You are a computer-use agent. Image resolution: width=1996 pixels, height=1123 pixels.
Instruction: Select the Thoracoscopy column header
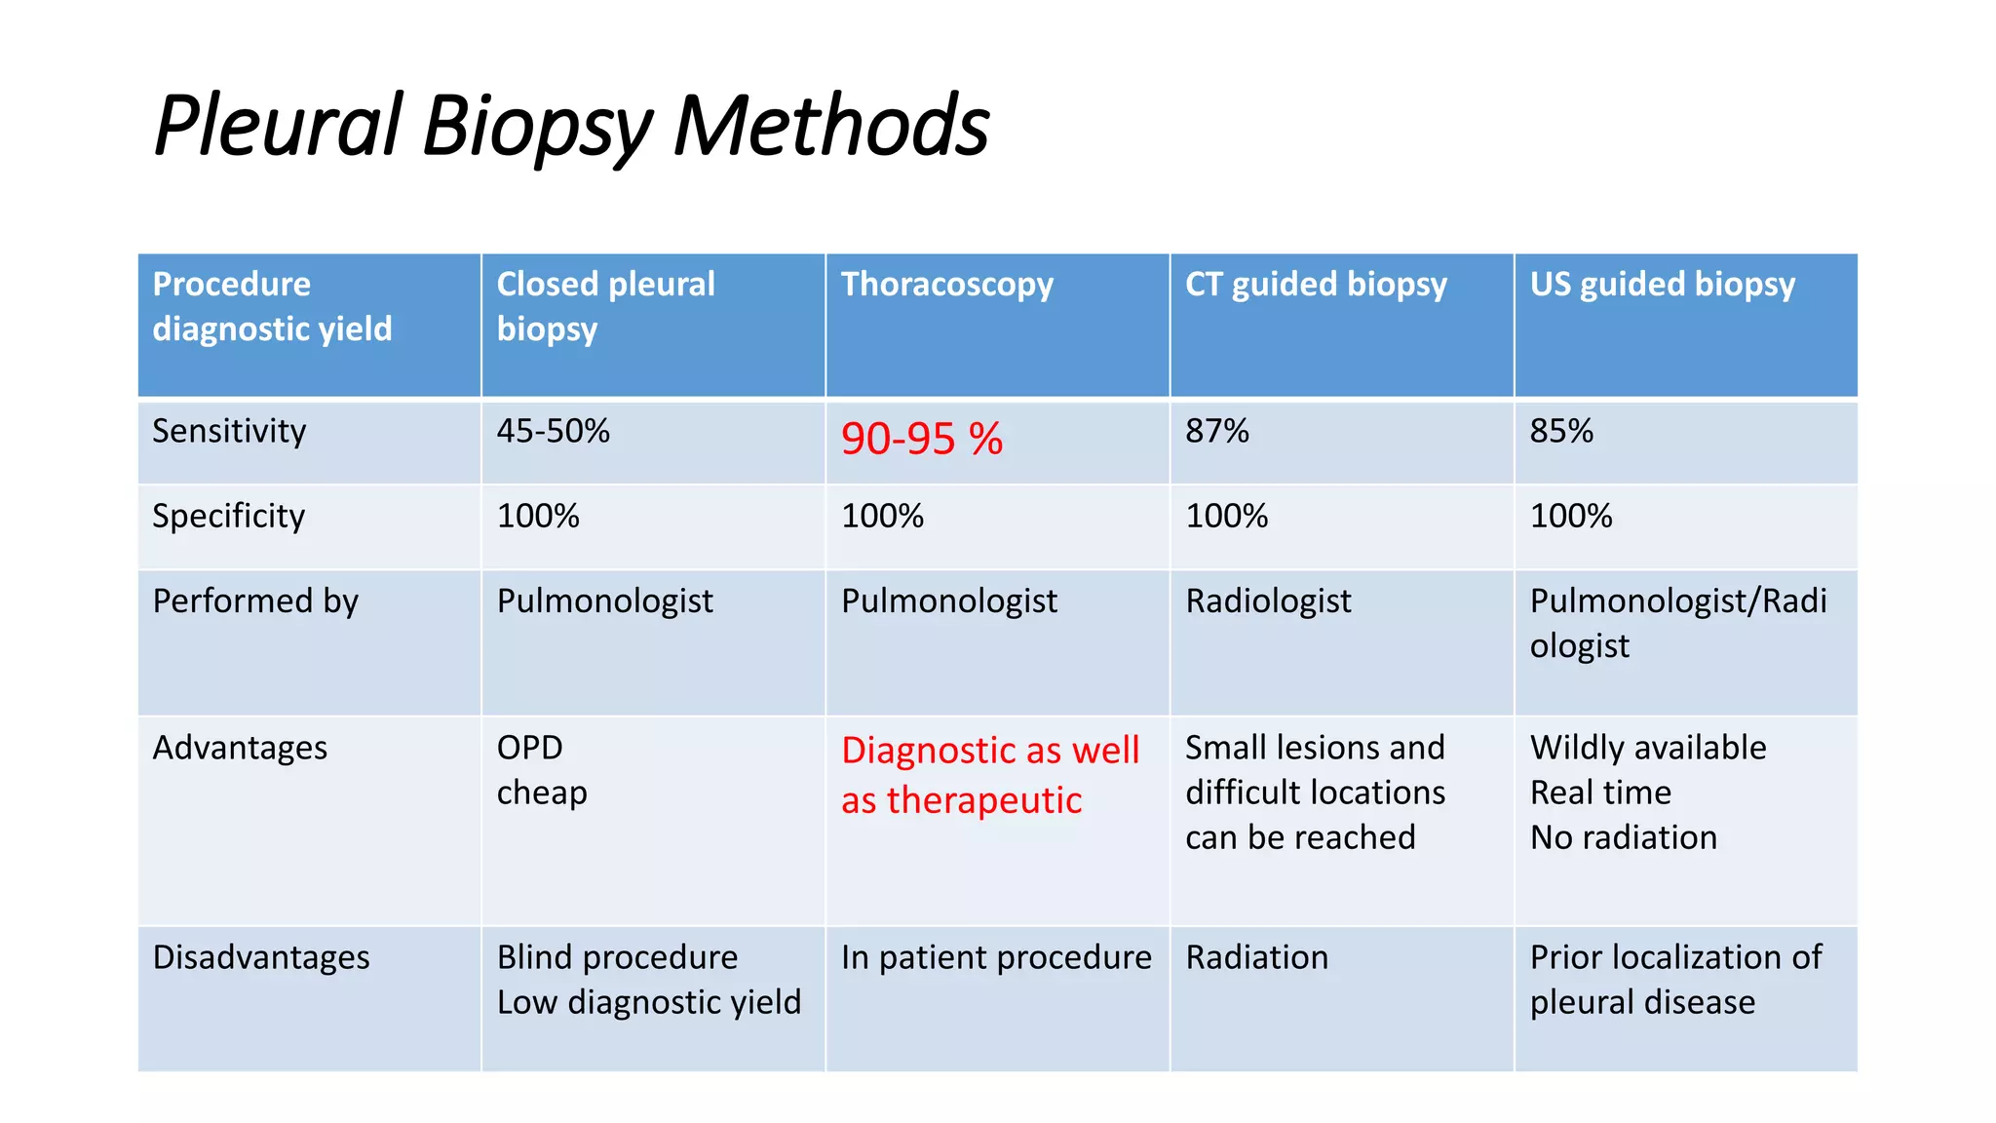coord(946,285)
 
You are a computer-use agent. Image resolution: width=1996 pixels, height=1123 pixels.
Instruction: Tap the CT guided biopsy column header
coord(1316,285)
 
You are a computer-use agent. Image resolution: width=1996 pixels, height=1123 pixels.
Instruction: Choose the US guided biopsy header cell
coord(1662,285)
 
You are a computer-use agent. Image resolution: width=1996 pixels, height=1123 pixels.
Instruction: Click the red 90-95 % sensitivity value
coord(921,439)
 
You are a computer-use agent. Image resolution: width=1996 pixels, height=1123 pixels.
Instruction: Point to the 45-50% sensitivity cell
coord(553,431)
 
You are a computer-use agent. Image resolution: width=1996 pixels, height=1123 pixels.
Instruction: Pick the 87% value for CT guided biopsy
coord(1216,431)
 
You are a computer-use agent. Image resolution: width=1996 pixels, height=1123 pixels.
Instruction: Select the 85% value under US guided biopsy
coord(1560,431)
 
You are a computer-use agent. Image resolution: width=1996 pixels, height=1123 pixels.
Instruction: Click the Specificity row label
coord(228,516)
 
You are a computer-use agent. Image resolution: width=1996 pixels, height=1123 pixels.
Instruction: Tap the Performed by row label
coord(255,601)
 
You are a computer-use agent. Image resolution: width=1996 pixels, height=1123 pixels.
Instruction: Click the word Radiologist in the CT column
coord(1268,601)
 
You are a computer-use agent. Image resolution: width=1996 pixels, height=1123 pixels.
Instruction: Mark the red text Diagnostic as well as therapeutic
coord(989,775)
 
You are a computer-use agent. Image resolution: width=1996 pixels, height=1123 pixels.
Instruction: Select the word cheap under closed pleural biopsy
coord(542,793)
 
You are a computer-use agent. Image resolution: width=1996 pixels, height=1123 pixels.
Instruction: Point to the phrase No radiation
coord(1623,837)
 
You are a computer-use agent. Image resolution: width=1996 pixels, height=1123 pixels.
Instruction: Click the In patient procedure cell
coord(995,957)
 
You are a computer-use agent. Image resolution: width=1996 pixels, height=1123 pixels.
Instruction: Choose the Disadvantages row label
coord(261,957)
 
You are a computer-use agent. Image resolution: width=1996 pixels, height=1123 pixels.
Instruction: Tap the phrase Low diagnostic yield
coord(648,1002)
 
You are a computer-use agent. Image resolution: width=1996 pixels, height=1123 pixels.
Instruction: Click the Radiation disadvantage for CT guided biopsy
coord(1256,957)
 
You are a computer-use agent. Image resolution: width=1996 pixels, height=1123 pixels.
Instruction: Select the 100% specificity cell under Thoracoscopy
coord(882,516)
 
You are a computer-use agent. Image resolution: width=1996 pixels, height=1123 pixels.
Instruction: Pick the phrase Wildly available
coord(1647,748)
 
